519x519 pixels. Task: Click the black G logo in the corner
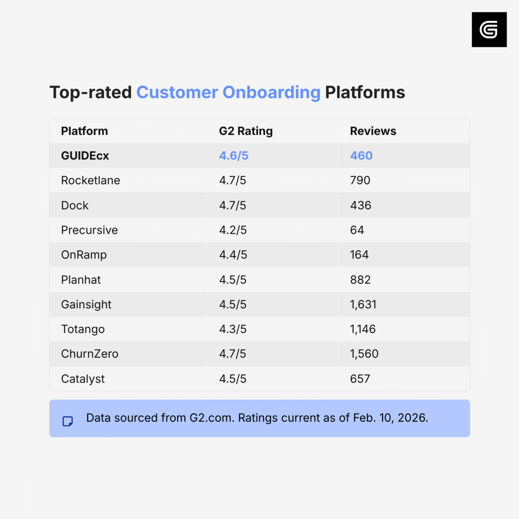click(x=489, y=29)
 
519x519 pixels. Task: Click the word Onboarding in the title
click(x=271, y=93)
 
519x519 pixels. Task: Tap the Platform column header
click(x=84, y=131)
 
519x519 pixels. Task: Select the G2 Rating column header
click(x=246, y=131)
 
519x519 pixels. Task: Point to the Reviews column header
click(x=373, y=131)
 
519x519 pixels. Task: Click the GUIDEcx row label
click(x=85, y=156)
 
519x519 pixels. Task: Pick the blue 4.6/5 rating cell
click(x=234, y=156)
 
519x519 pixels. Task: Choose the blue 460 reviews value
click(x=361, y=156)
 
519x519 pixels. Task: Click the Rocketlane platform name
click(x=90, y=180)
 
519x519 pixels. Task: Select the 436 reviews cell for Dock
click(x=361, y=205)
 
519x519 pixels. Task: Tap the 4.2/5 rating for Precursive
click(x=233, y=230)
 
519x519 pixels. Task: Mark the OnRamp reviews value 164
click(x=359, y=255)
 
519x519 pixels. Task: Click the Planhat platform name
click(x=81, y=280)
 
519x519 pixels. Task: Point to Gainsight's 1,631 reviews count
click(x=363, y=304)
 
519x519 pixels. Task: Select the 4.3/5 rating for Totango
click(x=233, y=329)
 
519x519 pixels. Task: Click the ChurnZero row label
click(x=90, y=354)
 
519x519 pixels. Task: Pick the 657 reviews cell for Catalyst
click(x=360, y=379)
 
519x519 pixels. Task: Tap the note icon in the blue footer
click(x=68, y=421)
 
